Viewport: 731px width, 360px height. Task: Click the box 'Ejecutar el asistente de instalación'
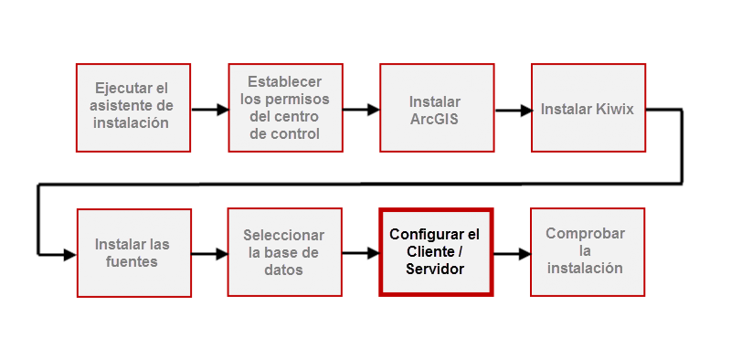(x=133, y=106)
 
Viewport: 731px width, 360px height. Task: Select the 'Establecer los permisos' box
(x=285, y=106)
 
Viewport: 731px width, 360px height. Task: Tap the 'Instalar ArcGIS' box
(x=436, y=106)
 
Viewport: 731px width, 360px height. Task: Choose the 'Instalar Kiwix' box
(x=588, y=106)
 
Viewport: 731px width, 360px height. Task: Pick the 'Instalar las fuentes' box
(x=133, y=252)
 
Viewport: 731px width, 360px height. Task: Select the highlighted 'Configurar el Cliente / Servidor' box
(x=436, y=252)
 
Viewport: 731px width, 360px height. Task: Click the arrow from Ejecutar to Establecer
(x=210, y=111)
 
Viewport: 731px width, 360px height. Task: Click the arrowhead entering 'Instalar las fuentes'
(x=69, y=255)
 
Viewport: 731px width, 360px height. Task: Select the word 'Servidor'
(x=435, y=269)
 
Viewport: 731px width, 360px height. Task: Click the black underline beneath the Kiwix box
(x=587, y=154)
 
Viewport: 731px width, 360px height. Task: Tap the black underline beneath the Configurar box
(x=435, y=300)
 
